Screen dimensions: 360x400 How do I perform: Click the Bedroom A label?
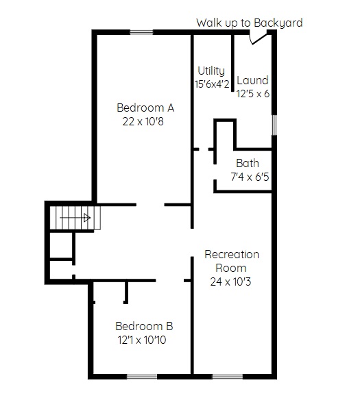coord(145,108)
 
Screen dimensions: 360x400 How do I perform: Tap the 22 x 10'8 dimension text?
coord(143,121)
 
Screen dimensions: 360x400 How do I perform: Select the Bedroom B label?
coord(144,326)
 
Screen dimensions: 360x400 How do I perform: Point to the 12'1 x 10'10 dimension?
coord(142,340)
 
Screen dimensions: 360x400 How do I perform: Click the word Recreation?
coord(232,254)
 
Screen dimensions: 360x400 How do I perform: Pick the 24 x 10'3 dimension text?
coord(230,282)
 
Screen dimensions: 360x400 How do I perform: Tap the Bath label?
coord(248,163)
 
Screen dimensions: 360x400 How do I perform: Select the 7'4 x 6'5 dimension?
coord(250,177)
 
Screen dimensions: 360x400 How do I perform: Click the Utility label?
coord(211,71)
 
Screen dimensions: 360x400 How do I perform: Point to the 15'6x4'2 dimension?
coord(212,84)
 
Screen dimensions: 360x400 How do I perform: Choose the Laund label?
coord(252,80)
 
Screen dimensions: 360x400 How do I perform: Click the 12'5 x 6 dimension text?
coord(253,94)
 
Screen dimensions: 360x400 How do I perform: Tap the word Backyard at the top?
coord(278,23)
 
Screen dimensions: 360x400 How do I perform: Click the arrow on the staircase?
coord(75,218)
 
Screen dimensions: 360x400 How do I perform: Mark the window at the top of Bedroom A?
coord(142,32)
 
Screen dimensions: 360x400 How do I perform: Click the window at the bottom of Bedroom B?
coord(142,377)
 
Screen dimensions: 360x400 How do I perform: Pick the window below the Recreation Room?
coord(228,377)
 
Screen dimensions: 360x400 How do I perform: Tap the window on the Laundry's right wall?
coord(274,125)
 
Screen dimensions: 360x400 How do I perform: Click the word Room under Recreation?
coord(231,268)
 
